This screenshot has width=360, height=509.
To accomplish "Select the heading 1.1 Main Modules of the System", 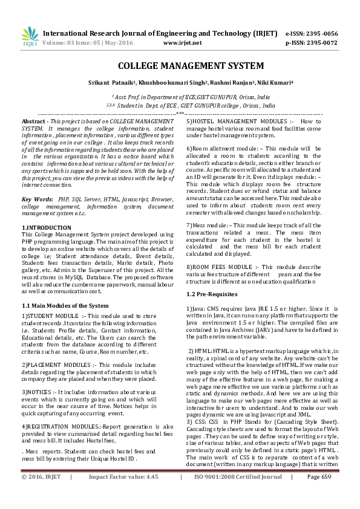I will [65, 305].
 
